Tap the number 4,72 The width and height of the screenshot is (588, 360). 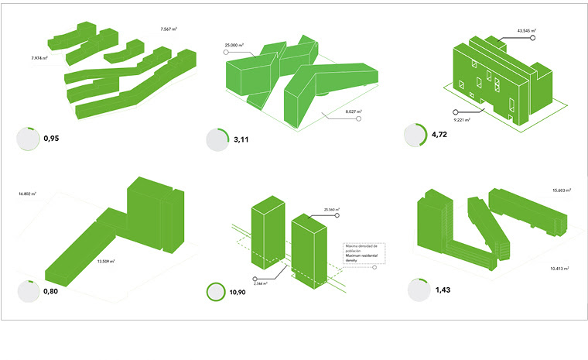439,134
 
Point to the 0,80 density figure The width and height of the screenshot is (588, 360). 52,292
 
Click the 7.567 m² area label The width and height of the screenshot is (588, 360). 169,29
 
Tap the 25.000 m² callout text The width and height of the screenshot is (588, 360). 234,46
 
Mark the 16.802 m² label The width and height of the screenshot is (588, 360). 26,194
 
